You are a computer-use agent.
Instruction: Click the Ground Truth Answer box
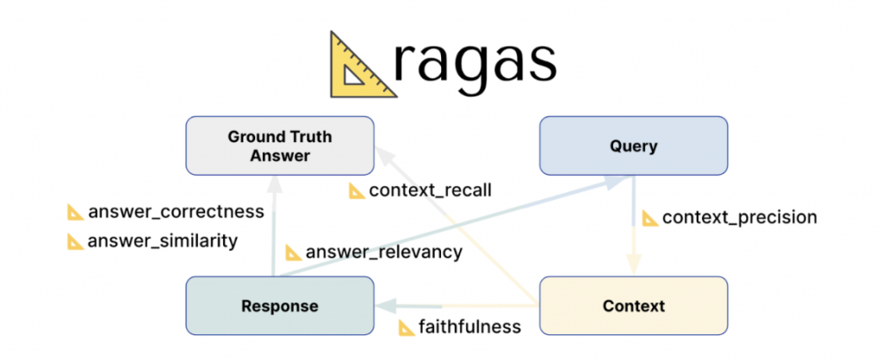pyautogui.click(x=280, y=146)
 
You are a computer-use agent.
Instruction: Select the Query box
pyautogui.click(x=633, y=146)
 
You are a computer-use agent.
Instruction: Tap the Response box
pyautogui.click(x=280, y=306)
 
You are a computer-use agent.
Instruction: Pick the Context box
pyautogui.click(x=633, y=306)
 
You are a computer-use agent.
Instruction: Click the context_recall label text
pyautogui.click(x=430, y=190)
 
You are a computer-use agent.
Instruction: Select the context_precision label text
pyautogui.click(x=739, y=217)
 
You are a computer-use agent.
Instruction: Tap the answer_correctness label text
pyautogui.click(x=176, y=212)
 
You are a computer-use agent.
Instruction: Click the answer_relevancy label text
pyautogui.click(x=384, y=252)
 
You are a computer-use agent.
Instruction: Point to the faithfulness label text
pyautogui.click(x=469, y=326)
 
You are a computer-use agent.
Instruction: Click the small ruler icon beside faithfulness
pyautogui.click(x=406, y=327)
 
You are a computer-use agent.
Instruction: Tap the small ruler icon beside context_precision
pyautogui.click(x=650, y=217)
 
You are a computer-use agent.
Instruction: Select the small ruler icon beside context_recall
pyautogui.click(x=357, y=190)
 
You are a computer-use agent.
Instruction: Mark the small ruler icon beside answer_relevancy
pyautogui.click(x=294, y=252)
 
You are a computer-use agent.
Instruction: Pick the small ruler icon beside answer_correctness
pyautogui.click(x=76, y=212)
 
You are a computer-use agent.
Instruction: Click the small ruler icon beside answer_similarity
pyautogui.click(x=76, y=241)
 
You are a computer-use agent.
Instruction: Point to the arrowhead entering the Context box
pyautogui.click(x=634, y=269)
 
